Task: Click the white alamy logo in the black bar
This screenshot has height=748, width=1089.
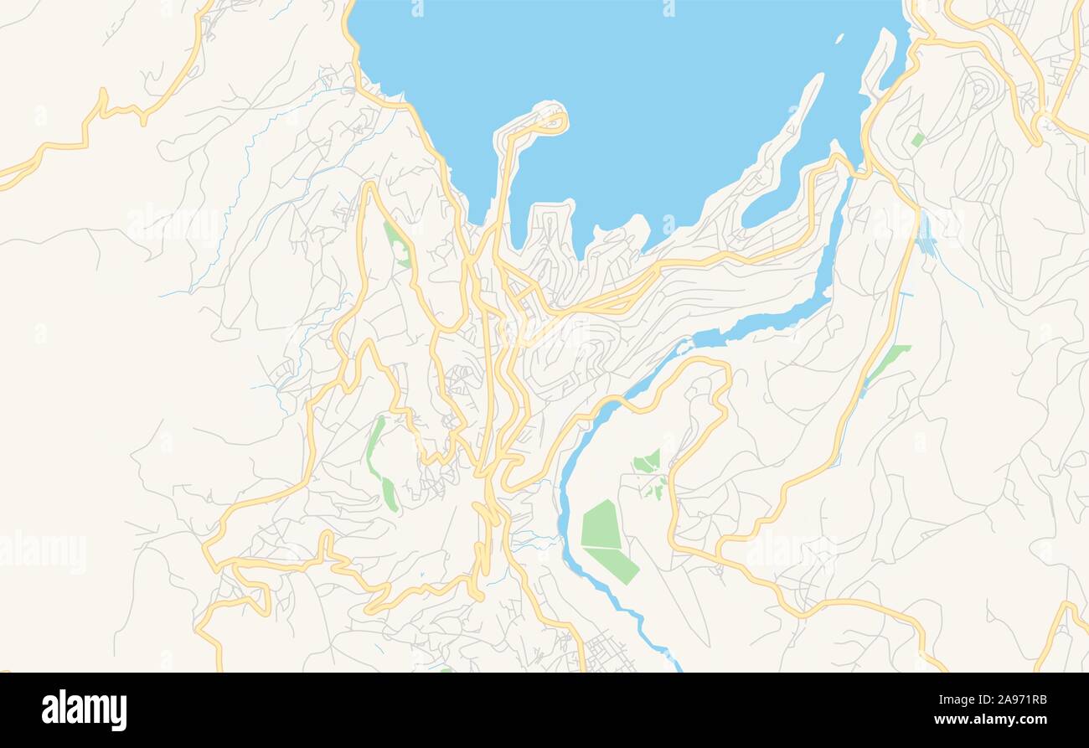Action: click(84, 709)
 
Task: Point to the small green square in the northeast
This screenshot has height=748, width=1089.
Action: click(918, 140)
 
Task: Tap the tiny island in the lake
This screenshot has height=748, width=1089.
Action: click(839, 39)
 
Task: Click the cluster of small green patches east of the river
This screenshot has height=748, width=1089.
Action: click(648, 469)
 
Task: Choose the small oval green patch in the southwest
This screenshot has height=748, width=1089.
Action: click(390, 494)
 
